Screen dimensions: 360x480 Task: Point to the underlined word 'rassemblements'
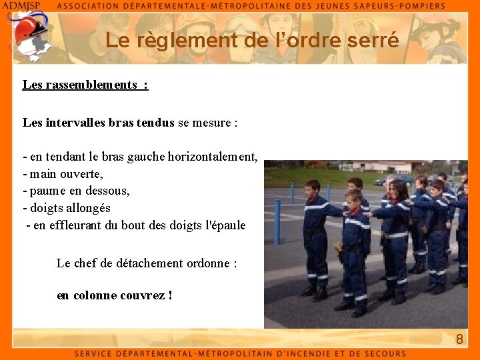pyautogui.click(x=90, y=85)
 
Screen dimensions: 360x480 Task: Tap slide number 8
pyautogui.click(x=459, y=339)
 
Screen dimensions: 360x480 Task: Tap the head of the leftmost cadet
pyautogui.click(x=312, y=189)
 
